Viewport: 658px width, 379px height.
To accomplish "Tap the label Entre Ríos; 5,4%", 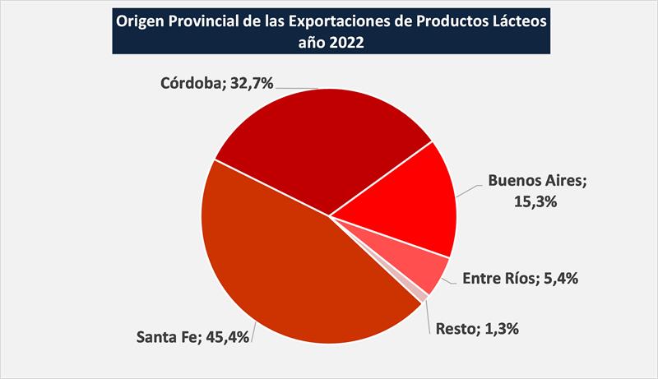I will pos(520,279).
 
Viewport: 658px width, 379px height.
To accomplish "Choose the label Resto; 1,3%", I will pos(478,329).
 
